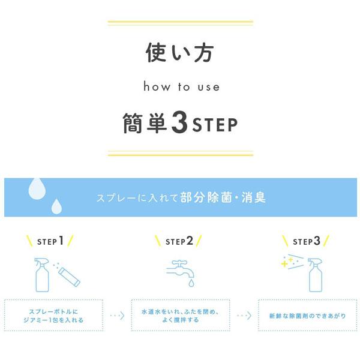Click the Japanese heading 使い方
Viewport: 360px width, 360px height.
[x=180, y=53]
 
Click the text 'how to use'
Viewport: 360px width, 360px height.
[x=181, y=86]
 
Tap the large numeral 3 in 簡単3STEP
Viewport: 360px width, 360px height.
[x=179, y=122]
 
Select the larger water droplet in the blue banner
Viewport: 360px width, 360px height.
[x=37, y=188]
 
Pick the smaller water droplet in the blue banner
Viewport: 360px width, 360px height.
[x=56, y=206]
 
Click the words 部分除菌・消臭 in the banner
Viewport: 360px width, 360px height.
[x=223, y=197]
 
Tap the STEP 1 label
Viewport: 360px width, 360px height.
[x=50, y=241]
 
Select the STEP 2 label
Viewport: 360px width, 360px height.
[x=179, y=241]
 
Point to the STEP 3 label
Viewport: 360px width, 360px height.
[x=307, y=241]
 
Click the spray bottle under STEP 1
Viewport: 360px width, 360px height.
[x=42, y=275]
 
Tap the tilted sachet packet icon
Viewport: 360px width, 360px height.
[x=69, y=277]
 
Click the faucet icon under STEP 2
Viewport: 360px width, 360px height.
[x=181, y=271]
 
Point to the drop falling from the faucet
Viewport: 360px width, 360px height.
[x=191, y=283]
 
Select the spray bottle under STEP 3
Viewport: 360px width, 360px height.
[x=315, y=275]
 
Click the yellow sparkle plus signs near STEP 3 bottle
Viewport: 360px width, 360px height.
[x=287, y=262]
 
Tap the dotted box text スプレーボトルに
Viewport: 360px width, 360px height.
[x=53, y=311]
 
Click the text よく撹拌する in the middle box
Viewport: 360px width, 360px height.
[x=181, y=320]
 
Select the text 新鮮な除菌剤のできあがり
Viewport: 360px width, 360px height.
[x=307, y=316]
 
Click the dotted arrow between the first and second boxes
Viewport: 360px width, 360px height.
[x=118, y=316]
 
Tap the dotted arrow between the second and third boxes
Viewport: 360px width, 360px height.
[x=244, y=316]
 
